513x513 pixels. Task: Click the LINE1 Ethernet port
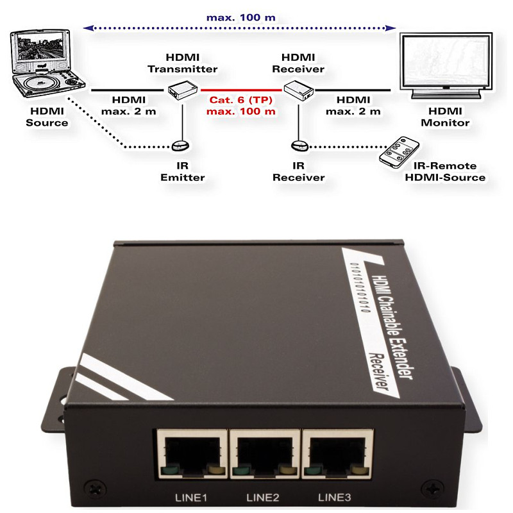(x=192, y=454)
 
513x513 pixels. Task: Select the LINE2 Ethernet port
(x=265, y=454)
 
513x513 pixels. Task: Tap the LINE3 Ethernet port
(x=337, y=454)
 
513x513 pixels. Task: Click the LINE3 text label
(x=334, y=498)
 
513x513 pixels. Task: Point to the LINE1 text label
(x=191, y=498)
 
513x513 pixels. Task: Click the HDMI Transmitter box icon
(x=183, y=90)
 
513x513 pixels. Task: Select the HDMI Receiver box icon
(x=298, y=90)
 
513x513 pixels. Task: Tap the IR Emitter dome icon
(x=181, y=146)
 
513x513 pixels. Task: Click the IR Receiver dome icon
(x=299, y=146)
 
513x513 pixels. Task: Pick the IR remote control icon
(x=399, y=153)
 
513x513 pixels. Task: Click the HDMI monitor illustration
(x=446, y=65)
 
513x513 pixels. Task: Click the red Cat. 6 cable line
(x=241, y=90)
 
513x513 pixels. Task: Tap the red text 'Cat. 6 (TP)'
(x=241, y=100)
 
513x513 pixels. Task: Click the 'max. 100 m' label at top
(x=241, y=17)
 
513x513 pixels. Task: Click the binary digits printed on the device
(x=360, y=287)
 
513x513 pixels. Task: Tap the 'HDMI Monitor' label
(x=445, y=117)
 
